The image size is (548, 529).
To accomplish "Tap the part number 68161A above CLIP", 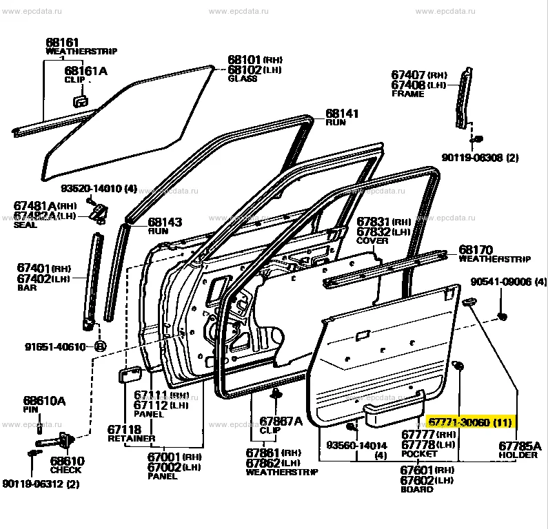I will [x=86, y=71].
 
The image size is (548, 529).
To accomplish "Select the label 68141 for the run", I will [x=342, y=113].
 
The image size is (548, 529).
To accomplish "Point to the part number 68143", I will [x=165, y=222].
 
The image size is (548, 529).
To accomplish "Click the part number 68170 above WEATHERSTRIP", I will [x=476, y=249].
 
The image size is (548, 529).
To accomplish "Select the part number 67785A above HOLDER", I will [x=520, y=446].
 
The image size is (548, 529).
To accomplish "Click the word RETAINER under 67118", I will [x=132, y=438].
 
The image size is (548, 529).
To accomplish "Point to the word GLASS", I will [x=242, y=79].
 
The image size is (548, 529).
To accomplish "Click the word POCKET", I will [x=418, y=454].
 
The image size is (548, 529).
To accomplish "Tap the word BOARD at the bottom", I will [x=417, y=489].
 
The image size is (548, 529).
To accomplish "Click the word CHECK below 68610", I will [x=65, y=470].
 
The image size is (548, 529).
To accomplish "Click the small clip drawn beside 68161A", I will [x=79, y=101].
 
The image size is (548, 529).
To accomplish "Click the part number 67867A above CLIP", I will [x=281, y=421].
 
